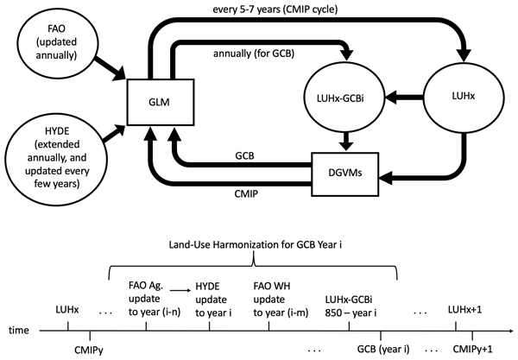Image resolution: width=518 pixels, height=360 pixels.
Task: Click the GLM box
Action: click(156, 101)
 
